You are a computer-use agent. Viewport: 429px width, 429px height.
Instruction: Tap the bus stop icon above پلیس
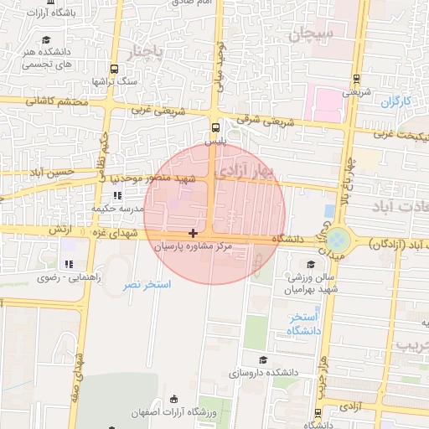[217, 128]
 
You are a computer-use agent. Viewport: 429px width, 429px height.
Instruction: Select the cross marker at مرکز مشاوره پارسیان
[194, 232]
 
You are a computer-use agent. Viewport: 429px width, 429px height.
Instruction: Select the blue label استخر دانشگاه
[302, 324]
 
